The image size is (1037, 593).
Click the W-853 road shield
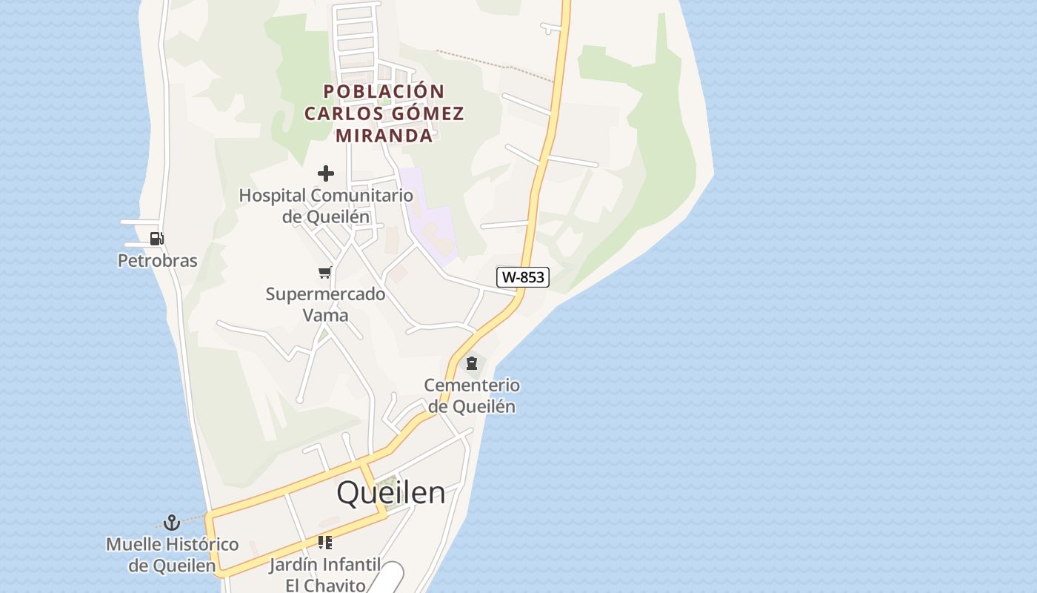pos(523,277)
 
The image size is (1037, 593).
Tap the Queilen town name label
pos(391,493)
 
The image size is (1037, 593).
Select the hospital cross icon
pos(326,173)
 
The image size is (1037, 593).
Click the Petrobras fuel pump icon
pos(156,239)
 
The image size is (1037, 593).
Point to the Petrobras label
pos(158,260)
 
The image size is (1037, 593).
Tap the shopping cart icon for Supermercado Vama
pos(324,273)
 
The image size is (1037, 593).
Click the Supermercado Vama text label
pos(326,304)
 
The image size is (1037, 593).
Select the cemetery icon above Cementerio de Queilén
pos(471,363)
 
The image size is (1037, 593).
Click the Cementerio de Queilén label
pos(472,396)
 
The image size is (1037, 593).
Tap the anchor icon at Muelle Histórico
pos(172,523)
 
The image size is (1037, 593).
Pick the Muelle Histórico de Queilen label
pos(173,554)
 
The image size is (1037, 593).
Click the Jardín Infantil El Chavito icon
pos(324,543)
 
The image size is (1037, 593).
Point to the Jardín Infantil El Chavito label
pos(325,574)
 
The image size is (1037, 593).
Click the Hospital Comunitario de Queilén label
pos(326,206)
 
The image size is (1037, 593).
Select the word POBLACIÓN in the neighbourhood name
pos(384,91)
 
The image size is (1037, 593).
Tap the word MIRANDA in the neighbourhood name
pos(384,136)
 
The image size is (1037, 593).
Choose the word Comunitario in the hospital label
pos(361,196)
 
